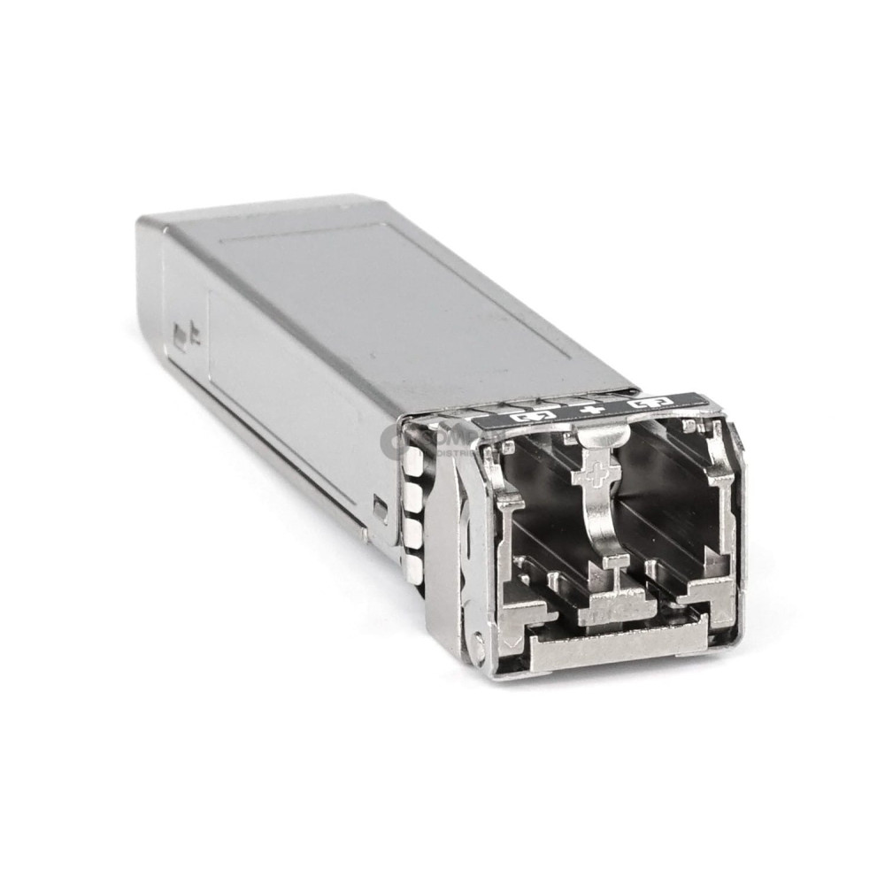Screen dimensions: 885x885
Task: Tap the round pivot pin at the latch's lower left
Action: [479, 643]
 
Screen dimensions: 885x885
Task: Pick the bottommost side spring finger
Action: [413, 566]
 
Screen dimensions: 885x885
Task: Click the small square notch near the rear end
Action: [183, 335]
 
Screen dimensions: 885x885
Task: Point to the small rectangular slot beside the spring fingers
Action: [380, 508]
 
